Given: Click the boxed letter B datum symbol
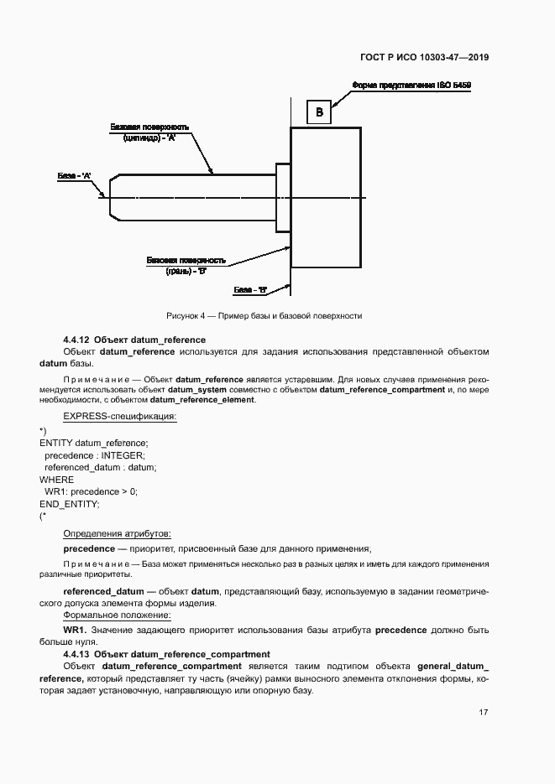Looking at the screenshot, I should click(x=319, y=112).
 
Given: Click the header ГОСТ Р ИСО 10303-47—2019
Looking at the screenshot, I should click(x=426, y=58).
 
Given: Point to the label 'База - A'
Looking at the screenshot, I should click(x=74, y=176).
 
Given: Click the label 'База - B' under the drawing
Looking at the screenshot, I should click(x=250, y=290).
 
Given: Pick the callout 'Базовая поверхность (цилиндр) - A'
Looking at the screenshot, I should click(x=149, y=132).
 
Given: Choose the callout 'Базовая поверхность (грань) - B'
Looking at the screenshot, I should click(x=186, y=266).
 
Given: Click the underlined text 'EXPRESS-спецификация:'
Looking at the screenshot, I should click(x=120, y=416).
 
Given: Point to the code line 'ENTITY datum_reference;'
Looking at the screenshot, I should click(x=93, y=443).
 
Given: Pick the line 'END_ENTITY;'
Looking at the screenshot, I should click(x=70, y=504).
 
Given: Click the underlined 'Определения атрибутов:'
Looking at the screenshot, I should click(x=118, y=533).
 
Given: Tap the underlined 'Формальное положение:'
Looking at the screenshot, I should click(x=116, y=615).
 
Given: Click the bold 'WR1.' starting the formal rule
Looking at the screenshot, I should click(x=75, y=630).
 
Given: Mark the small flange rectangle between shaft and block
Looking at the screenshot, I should click(x=283, y=197).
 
